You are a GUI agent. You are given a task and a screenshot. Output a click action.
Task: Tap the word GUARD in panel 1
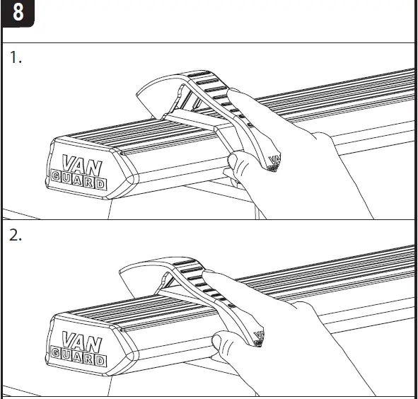(x=79, y=179)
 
